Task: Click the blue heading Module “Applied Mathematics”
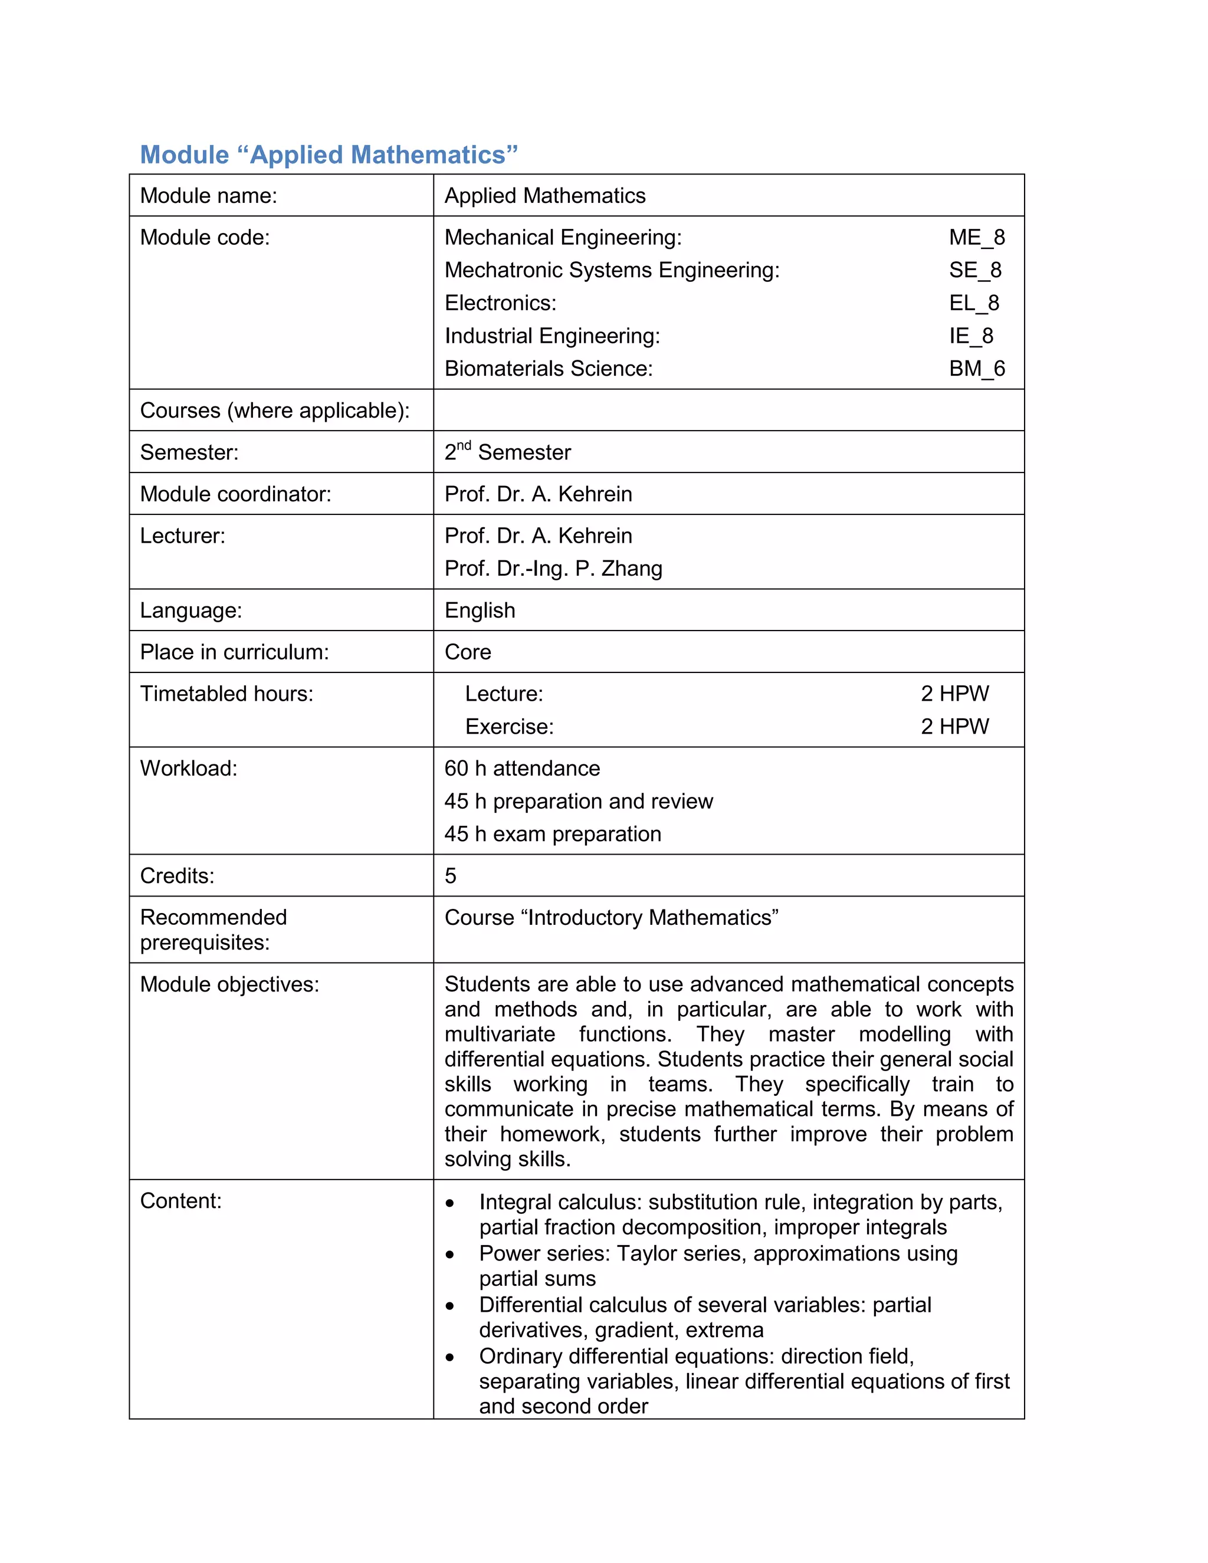coord(329,155)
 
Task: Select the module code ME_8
coord(976,238)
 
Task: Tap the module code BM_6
coord(976,369)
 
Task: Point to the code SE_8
coord(974,271)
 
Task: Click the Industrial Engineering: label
coord(552,336)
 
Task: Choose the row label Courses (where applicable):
coord(275,411)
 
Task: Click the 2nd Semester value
coord(507,452)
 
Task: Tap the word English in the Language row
coord(480,610)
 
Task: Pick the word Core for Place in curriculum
coord(467,652)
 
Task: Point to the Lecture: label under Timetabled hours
coord(504,694)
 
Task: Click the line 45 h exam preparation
coord(553,835)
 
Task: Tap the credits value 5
coord(450,876)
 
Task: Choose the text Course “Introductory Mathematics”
coord(611,918)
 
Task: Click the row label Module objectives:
coord(229,985)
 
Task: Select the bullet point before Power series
coord(449,1255)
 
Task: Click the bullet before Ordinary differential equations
coord(449,1357)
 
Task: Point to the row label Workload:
coord(188,769)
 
